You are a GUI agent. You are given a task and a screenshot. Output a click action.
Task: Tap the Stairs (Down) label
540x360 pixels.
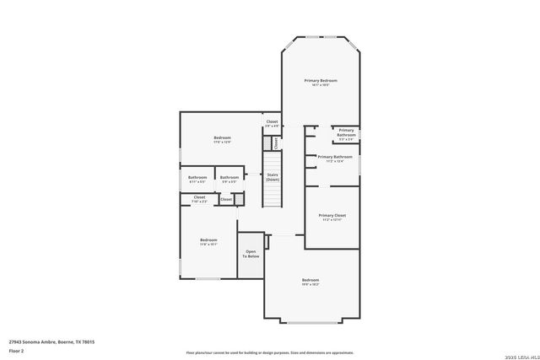point(273,177)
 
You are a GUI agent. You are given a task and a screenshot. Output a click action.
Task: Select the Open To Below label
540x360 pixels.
point(251,254)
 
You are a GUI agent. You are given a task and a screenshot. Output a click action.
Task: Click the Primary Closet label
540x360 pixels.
point(332,217)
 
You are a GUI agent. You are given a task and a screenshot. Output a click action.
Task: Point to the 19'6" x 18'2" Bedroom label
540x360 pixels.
point(310,282)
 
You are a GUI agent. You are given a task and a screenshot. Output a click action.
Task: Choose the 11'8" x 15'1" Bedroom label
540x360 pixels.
point(208,242)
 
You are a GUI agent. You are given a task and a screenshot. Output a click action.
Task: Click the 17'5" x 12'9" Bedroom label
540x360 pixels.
point(222,139)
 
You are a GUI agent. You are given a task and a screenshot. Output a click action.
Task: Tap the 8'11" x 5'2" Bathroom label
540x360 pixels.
point(197,179)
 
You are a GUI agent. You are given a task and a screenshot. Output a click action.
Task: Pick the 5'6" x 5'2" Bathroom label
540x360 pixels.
point(229,179)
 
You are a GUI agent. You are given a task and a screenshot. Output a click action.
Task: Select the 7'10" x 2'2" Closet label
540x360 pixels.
point(199,199)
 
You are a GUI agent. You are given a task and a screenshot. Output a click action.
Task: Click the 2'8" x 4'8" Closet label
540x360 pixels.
point(272,123)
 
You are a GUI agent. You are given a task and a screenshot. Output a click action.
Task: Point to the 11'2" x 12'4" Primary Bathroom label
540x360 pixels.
point(335,158)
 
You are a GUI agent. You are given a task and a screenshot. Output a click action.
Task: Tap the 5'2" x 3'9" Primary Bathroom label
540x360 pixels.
point(347,132)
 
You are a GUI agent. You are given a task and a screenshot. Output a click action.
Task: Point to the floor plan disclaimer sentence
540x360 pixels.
point(269,352)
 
